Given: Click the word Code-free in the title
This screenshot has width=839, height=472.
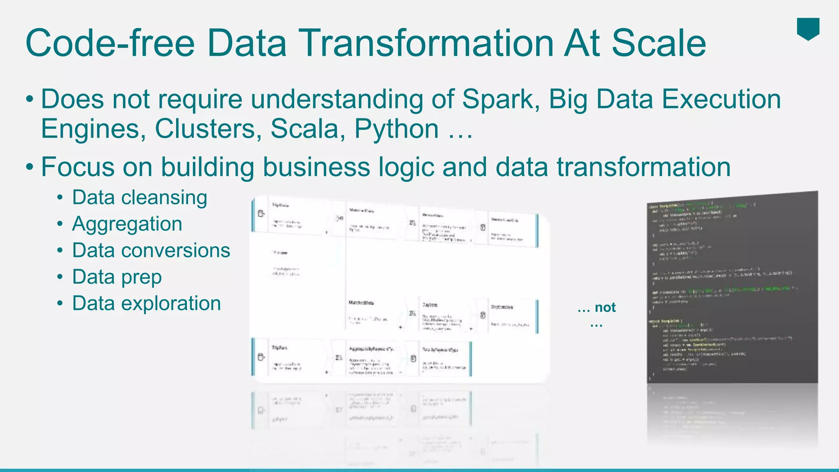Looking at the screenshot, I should pos(110,43).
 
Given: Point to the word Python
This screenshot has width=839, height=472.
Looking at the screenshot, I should pos(397,129).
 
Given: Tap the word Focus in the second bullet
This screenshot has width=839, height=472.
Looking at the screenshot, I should pos(77,167).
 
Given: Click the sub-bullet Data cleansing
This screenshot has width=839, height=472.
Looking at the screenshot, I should pos(139,197).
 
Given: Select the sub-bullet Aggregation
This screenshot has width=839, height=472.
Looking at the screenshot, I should pos(127,224).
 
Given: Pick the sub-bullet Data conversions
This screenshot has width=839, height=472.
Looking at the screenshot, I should pos(151,250).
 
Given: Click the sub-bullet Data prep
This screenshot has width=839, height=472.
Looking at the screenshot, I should pos(117,277).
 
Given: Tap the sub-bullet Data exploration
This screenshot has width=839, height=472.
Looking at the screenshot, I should pos(146,304).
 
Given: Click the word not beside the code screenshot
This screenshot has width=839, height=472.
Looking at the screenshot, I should pos(605,307).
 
